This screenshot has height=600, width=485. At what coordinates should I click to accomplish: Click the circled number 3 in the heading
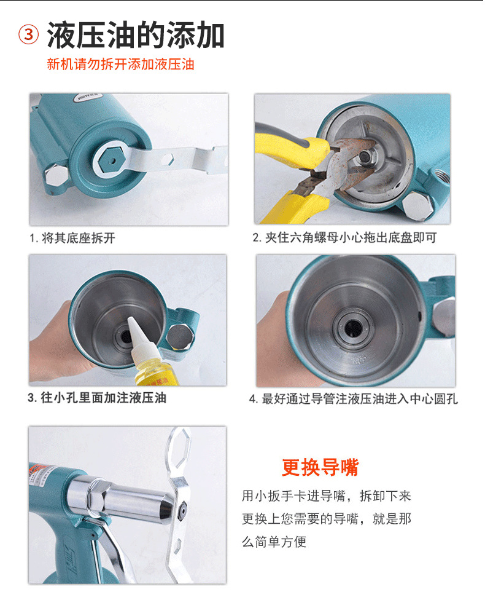[29, 35]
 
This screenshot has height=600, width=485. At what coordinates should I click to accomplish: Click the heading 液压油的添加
[136, 35]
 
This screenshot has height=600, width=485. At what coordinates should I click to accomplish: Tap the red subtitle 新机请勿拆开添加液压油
[120, 64]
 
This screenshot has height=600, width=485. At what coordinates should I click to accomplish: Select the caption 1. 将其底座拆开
[72, 238]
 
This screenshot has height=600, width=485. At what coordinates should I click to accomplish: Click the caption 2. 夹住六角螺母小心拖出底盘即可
[344, 238]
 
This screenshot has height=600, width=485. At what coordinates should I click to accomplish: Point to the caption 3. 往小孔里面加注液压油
[97, 398]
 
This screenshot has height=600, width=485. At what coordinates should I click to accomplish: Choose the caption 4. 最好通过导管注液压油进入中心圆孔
[354, 399]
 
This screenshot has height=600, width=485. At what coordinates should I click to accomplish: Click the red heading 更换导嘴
[320, 467]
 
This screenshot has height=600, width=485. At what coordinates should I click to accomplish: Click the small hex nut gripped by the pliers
[365, 156]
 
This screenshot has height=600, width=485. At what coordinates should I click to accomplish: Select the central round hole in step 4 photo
[353, 328]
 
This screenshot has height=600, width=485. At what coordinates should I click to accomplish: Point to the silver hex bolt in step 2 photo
[417, 206]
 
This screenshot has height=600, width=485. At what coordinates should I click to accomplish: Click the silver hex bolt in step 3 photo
[180, 337]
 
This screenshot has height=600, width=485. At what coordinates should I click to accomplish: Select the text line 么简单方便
[274, 542]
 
